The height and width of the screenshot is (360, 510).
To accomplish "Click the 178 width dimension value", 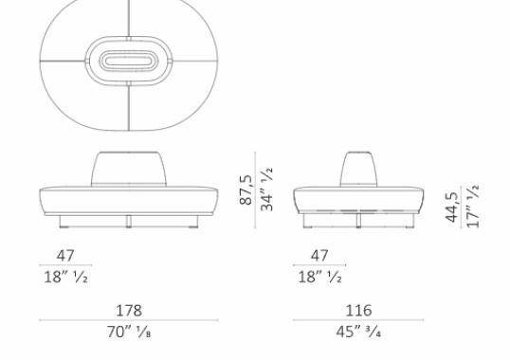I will tap(128, 310).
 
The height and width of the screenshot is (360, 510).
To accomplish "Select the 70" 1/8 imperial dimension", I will tap(128, 332).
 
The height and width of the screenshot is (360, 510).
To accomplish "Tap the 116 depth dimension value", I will tap(358, 310).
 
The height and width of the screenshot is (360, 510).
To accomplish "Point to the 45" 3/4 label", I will tap(358, 332).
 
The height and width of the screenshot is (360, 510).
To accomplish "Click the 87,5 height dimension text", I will tap(246, 189).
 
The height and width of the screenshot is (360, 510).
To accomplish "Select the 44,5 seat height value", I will tap(452, 207).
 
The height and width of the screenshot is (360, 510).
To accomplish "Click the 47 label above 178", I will tap(64, 256).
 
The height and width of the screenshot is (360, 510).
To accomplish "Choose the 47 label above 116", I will tap(319, 256).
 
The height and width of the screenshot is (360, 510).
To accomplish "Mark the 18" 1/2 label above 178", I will tap(64, 277).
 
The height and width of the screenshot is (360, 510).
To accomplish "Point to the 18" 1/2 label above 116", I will tap(319, 277).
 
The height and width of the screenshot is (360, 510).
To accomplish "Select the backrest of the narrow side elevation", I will tap(358, 169).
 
